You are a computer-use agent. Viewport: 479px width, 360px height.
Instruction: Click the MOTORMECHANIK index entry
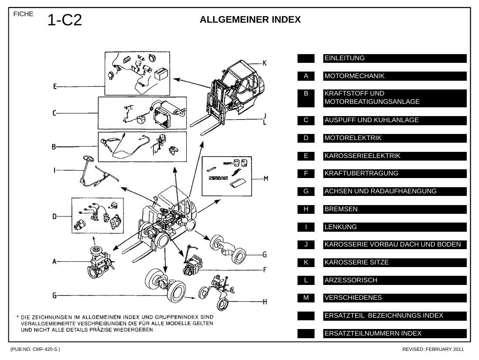tap(395, 76)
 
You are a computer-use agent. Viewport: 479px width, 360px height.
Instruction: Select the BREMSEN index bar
tap(395, 209)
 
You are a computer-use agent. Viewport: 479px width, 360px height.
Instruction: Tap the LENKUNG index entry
tap(395, 227)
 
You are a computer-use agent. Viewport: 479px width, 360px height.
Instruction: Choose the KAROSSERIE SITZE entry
tap(395, 263)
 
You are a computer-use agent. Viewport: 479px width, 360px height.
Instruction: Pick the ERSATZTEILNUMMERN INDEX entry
tap(395, 333)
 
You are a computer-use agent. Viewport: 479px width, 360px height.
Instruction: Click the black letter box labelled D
tap(306, 138)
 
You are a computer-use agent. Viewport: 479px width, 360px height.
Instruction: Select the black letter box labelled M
tap(306, 298)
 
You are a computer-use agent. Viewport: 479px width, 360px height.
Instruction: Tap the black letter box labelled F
tap(306, 174)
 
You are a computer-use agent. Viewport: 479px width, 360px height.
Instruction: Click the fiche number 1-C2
tap(65, 20)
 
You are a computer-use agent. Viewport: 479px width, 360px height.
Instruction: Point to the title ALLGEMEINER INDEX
tap(250, 20)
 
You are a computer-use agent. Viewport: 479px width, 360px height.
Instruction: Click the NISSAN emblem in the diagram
tap(218, 178)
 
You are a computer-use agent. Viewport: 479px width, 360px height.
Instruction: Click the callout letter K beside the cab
tap(264, 63)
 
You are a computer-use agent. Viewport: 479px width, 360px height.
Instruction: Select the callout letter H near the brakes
tap(265, 302)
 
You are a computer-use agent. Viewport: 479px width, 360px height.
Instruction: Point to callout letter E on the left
tap(55, 86)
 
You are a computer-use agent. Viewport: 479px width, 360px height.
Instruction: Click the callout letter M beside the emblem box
tap(266, 178)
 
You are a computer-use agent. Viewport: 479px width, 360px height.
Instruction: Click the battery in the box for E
tap(161, 74)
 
